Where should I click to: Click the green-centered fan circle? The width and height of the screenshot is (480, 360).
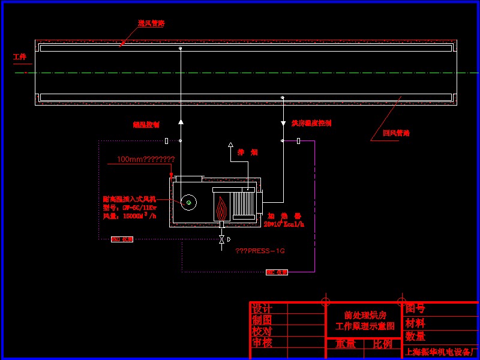point(189,203)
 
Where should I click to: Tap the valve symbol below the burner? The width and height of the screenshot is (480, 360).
point(222,239)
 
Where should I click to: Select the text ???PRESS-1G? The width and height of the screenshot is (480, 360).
point(260,251)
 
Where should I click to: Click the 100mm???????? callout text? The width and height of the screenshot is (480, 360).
point(146,160)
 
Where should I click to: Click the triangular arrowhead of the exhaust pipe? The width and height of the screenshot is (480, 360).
point(230,145)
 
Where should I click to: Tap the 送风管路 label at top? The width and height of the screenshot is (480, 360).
point(151,23)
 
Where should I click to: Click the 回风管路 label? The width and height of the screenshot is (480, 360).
point(396,133)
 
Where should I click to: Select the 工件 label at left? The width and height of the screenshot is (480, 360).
point(20,57)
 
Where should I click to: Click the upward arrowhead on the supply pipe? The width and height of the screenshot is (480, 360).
point(181,122)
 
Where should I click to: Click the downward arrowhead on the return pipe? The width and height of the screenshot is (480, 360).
point(283,124)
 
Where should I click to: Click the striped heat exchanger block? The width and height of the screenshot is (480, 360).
point(244,203)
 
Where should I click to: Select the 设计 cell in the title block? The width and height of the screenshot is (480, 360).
point(262,308)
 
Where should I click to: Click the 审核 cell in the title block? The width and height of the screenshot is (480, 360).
point(262,343)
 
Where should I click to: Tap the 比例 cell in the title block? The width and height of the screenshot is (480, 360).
point(382,344)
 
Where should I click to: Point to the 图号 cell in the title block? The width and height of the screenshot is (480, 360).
point(415,308)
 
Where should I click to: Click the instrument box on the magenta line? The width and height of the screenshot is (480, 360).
point(277,272)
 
